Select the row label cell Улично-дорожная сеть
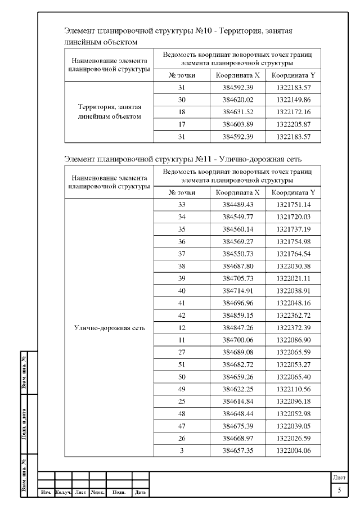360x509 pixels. pyautogui.click(x=109, y=328)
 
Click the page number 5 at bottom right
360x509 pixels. pyautogui.click(x=339, y=490)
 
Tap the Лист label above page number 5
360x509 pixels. pyautogui.click(x=339, y=478)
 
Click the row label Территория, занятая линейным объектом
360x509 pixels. pyautogui.click(x=109, y=111)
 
